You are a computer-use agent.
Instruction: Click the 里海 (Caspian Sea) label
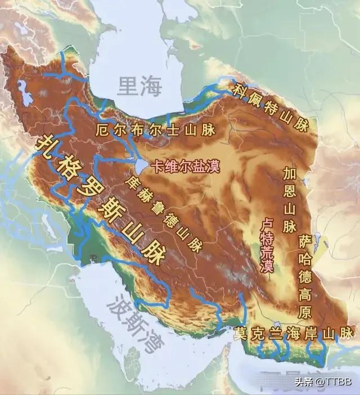pos(139,87)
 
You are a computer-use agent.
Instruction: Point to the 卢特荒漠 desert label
pos(267,246)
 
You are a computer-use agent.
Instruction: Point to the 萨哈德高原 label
pos(305,276)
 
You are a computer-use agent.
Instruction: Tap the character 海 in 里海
pos(151,87)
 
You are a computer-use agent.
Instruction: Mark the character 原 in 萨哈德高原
pos(305,310)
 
